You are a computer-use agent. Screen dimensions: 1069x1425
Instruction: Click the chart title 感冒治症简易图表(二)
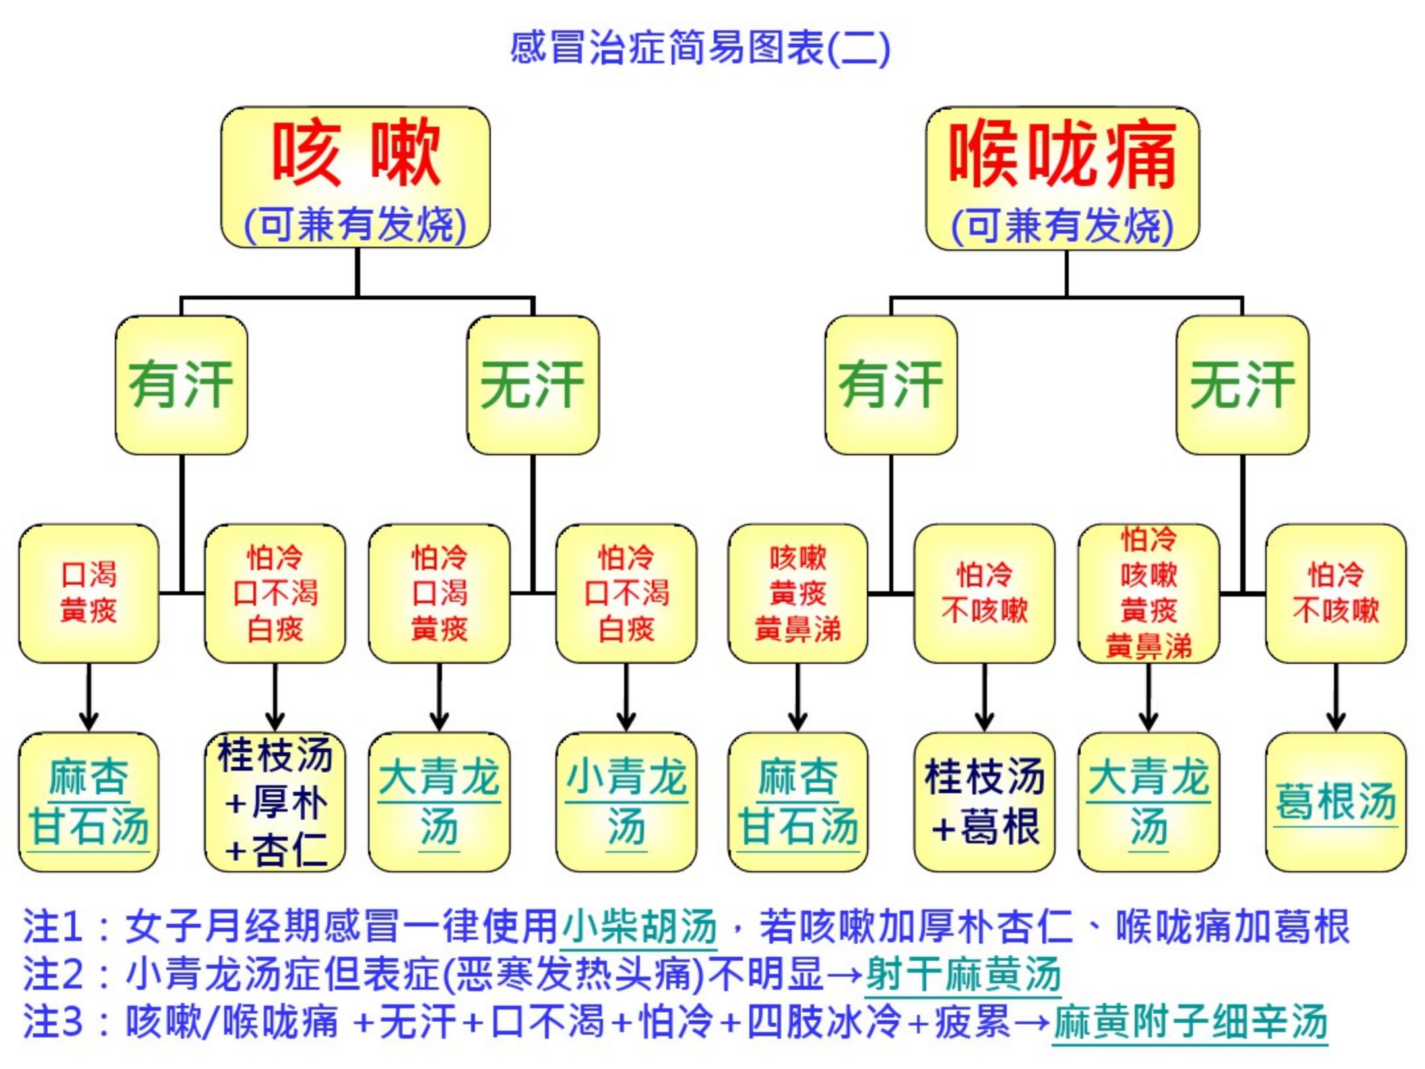[700, 48]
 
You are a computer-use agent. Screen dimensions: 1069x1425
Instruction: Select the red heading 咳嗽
[356, 153]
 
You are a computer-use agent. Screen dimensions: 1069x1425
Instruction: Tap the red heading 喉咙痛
[1063, 154]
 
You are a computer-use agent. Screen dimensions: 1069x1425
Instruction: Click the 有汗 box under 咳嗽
[181, 385]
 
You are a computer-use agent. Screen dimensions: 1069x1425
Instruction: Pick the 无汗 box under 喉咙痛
[1242, 385]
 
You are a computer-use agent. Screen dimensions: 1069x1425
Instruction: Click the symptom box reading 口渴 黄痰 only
[89, 593]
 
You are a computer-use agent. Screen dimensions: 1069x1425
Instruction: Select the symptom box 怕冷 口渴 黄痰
[439, 593]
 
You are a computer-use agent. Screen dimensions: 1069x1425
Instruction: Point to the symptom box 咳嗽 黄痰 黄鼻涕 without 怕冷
[798, 593]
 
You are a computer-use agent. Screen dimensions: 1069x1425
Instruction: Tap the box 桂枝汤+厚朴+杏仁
[275, 802]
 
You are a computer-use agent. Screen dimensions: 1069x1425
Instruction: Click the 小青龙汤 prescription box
[626, 802]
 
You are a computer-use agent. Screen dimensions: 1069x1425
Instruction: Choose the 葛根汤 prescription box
[1336, 802]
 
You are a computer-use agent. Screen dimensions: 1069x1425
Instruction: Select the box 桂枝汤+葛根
[984, 802]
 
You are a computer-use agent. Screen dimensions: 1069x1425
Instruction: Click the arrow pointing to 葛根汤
[1336, 699]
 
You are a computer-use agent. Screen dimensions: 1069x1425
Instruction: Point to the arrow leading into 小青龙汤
[626, 699]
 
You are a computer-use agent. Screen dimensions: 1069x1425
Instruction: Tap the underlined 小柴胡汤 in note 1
[639, 926]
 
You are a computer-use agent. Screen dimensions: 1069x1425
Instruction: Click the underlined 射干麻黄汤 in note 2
[963, 974]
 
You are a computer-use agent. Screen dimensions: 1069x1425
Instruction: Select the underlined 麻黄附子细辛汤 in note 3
[1189, 1021]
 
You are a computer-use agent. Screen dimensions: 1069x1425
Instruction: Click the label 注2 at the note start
[53, 974]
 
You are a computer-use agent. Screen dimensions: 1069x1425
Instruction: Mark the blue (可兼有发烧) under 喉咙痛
[1062, 226]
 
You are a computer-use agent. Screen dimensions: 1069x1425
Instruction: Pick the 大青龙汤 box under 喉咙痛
[1149, 802]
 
